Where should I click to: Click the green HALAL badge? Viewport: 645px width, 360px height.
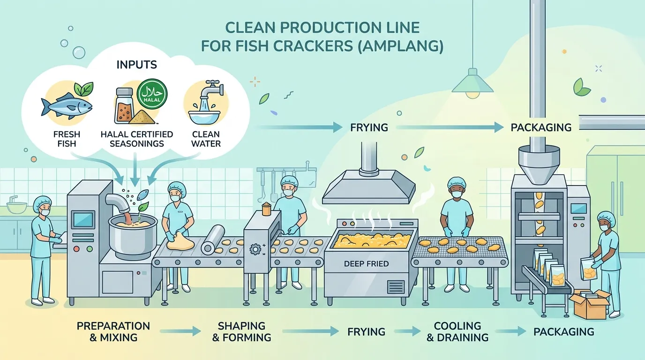[152, 94]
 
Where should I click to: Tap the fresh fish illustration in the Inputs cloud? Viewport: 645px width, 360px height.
[67, 105]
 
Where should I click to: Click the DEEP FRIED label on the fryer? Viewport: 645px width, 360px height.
[366, 264]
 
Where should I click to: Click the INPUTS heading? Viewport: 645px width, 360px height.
[137, 65]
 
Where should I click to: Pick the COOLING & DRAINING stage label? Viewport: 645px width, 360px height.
[457, 331]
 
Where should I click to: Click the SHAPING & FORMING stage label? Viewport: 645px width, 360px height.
[241, 331]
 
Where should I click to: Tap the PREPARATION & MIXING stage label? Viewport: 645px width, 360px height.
[113, 331]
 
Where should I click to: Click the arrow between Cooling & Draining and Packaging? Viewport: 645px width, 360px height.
[511, 331]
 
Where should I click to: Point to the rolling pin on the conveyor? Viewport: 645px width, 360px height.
[213, 240]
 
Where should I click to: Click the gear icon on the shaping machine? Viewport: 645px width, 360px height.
[255, 249]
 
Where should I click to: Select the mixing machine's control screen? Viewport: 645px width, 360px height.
[84, 219]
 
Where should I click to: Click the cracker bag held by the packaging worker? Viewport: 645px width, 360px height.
[589, 269]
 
